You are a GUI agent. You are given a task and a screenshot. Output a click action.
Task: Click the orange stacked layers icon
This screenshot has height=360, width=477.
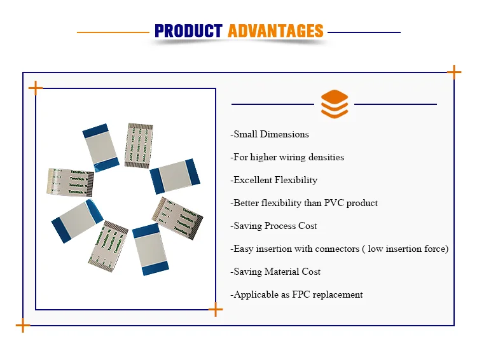334,104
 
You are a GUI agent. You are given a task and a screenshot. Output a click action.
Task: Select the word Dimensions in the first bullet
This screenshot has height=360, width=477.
284,134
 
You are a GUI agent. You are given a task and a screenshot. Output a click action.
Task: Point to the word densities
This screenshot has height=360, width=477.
322,157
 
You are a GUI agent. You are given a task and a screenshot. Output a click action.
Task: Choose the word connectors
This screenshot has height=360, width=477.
338,249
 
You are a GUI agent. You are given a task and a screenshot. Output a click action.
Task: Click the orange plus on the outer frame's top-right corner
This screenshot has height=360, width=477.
454,73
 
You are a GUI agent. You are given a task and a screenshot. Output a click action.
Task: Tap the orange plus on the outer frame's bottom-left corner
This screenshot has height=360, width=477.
23,326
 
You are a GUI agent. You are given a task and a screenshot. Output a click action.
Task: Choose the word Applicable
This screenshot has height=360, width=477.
255,294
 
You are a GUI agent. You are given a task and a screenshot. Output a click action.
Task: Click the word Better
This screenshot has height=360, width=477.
247,203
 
